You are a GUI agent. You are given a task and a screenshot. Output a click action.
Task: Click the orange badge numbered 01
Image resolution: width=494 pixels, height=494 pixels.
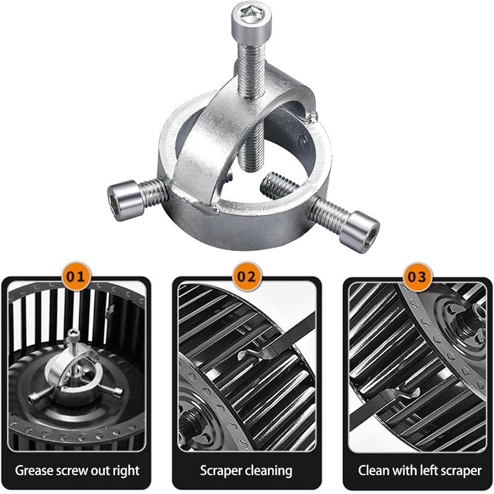point(76,277)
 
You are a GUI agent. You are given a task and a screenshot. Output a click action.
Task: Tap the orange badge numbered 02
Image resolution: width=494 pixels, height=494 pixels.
point(246,277)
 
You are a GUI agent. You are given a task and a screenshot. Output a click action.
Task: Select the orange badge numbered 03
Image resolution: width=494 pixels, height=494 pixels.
point(417,277)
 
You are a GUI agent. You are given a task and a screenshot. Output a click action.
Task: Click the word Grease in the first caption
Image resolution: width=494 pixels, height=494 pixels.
point(33,471)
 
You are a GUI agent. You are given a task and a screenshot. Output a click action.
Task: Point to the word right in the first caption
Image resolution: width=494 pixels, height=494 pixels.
point(127,471)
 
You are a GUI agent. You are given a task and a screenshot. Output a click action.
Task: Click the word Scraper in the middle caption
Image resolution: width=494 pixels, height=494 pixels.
point(221,471)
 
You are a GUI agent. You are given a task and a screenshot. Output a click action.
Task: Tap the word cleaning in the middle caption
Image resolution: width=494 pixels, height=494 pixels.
point(269,471)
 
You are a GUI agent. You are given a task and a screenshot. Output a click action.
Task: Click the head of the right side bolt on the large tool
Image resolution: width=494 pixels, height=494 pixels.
point(360,231)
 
